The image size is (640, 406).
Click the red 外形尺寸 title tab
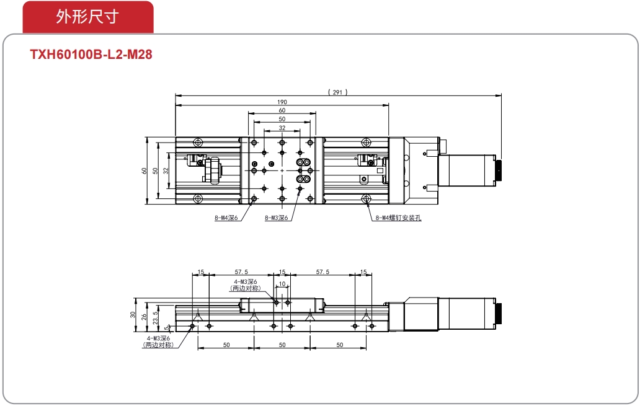[88, 17]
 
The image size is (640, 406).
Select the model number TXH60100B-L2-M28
[91, 55]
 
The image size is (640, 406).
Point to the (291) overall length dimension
[338, 92]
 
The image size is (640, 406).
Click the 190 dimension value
[282, 102]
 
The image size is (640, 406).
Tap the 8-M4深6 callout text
[226, 218]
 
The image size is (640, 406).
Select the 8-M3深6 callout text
[277, 218]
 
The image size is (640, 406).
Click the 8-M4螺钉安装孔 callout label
[398, 218]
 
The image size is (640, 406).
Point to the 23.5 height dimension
[155, 318]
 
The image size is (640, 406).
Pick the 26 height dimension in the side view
[144, 316]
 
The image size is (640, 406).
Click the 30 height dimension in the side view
[133, 315]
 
